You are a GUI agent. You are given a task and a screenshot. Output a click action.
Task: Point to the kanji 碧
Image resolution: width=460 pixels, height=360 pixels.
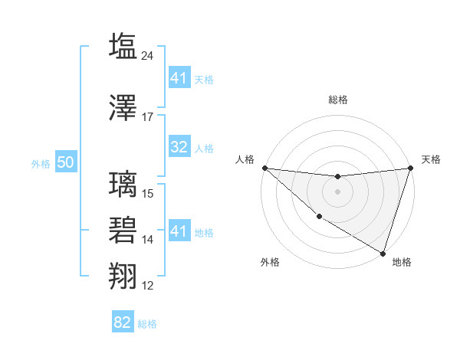click(123, 230)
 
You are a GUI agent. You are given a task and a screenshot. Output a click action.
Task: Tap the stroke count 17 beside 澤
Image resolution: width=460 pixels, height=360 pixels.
click(148, 117)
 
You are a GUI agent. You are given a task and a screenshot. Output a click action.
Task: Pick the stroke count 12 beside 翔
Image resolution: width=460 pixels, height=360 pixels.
click(148, 286)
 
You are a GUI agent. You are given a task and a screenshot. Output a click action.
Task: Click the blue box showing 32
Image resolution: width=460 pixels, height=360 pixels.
click(179, 148)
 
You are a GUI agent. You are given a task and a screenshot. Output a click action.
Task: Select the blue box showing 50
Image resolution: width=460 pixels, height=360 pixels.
click(65, 163)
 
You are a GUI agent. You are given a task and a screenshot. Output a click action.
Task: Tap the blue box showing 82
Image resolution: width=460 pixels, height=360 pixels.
click(123, 322)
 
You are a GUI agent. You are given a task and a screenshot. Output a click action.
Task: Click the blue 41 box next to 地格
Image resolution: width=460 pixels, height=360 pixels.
click(179, 231)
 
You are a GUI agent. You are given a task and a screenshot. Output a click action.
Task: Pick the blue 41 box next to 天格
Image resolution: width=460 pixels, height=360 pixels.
click(179, 78)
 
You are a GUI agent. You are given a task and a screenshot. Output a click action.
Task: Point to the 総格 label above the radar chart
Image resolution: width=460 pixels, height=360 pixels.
click(337, 100)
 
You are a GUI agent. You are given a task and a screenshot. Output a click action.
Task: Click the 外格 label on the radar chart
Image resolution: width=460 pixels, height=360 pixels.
click(270, 262)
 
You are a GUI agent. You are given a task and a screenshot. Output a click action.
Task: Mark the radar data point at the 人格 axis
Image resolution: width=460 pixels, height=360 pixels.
click(264, 168)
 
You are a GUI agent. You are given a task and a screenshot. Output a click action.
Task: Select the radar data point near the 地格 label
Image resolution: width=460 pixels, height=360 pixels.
click(383, 253)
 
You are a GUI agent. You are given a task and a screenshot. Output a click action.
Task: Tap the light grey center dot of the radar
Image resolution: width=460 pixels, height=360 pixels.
click(337, 191)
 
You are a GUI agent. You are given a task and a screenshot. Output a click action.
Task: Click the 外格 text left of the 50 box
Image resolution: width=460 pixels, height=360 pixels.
click(41, 164)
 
